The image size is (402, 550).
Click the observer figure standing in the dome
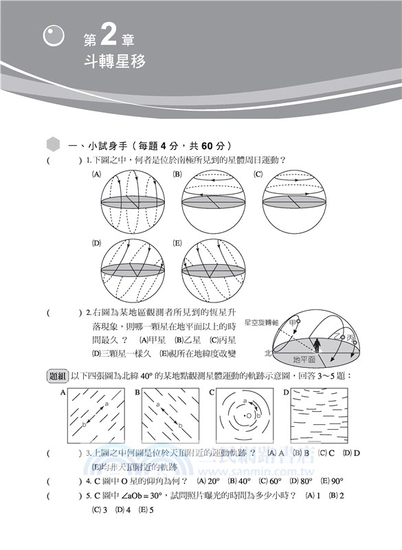(x=317, y=343)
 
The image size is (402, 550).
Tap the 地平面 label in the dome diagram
(x=304, y=359)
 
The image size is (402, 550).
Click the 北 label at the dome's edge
(x=268, y=352)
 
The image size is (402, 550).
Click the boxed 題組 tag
(x=57, y=376)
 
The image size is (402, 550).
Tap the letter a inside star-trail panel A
(x=107, y=406)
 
